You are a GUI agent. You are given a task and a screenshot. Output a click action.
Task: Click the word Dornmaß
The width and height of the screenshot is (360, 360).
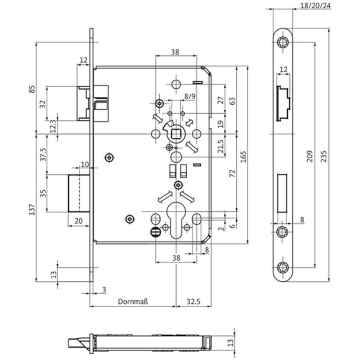[133, 301]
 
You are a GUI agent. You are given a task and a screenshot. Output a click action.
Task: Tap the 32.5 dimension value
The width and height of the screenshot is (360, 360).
[193, 301]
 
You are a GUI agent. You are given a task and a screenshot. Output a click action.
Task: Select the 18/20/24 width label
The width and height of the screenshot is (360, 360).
[315, 5]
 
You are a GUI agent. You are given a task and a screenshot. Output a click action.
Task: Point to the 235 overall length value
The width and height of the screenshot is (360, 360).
[324, 156]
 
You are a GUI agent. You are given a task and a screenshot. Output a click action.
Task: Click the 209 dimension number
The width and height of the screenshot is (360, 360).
[310, 156]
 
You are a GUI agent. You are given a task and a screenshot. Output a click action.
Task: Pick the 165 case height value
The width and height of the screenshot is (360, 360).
[243, 157]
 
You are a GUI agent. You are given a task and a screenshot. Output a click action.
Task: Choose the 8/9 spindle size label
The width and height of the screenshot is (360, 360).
[189, 96]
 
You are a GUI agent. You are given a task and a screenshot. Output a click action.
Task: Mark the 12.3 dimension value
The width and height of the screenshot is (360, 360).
[53, 126]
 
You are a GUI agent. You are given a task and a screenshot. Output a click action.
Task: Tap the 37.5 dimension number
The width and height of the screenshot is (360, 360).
[43, 154]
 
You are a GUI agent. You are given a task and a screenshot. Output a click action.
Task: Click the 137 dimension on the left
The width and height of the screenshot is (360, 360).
[32, 209]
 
